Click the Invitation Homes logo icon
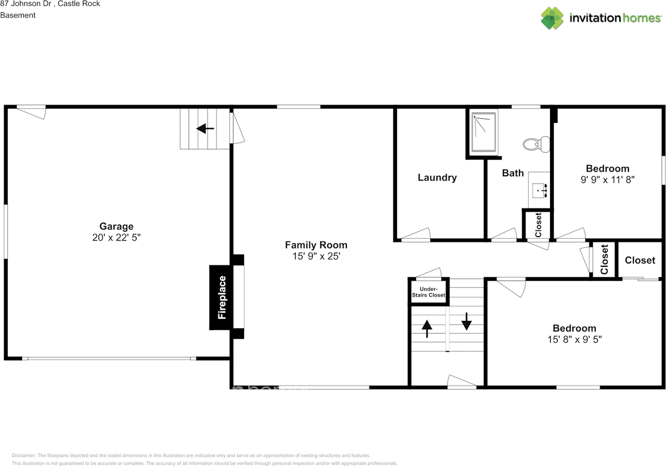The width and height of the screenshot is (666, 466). (552, 18)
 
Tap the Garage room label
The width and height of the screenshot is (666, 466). (117, 226)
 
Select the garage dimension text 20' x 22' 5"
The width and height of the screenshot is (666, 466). (117, 238)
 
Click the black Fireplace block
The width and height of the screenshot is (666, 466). (222, 297)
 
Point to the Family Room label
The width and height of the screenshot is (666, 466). (316, 245)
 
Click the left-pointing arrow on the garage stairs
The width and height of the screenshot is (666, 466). (205, 128)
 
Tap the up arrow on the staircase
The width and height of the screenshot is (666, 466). (427, 329)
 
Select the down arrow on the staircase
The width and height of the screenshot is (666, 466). (466, 321)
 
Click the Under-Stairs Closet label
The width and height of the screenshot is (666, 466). (428, 292)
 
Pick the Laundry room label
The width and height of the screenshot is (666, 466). (437, 177)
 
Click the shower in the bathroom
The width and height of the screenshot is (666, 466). (484, 133)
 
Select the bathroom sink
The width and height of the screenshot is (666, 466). (540, 191)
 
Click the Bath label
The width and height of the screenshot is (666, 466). (513, 173)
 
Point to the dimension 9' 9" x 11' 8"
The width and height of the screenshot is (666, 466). (608, 179)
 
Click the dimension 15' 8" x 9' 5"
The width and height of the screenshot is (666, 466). (574, 340)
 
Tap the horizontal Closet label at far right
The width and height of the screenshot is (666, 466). (639, 260)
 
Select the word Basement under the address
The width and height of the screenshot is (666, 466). (18, 15)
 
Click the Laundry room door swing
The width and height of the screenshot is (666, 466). (416, 235)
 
